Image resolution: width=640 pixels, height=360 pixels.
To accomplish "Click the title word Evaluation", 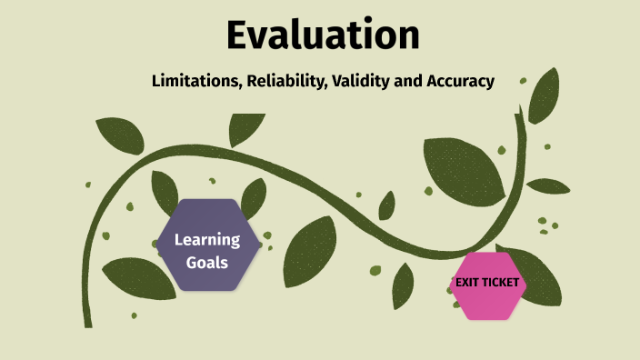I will (x=323, y=35).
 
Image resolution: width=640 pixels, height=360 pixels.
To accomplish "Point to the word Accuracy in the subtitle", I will (x=460, y=81).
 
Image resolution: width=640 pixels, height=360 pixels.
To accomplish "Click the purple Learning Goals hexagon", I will (x=207, y=245).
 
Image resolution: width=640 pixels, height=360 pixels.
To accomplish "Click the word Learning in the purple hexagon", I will (x=207, y=240).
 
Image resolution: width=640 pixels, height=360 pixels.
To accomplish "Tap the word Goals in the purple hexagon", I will (x=207, y=262).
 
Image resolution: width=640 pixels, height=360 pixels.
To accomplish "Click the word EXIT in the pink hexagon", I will (x=467, y=283).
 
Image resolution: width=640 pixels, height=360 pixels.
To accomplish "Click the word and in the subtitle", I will (x=409, y=81).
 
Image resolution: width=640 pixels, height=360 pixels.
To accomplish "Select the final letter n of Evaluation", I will (x=407, y=36).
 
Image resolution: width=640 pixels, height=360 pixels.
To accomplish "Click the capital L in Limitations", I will (x=156, y=81).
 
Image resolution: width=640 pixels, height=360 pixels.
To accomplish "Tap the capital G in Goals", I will (x=185, y=262).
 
